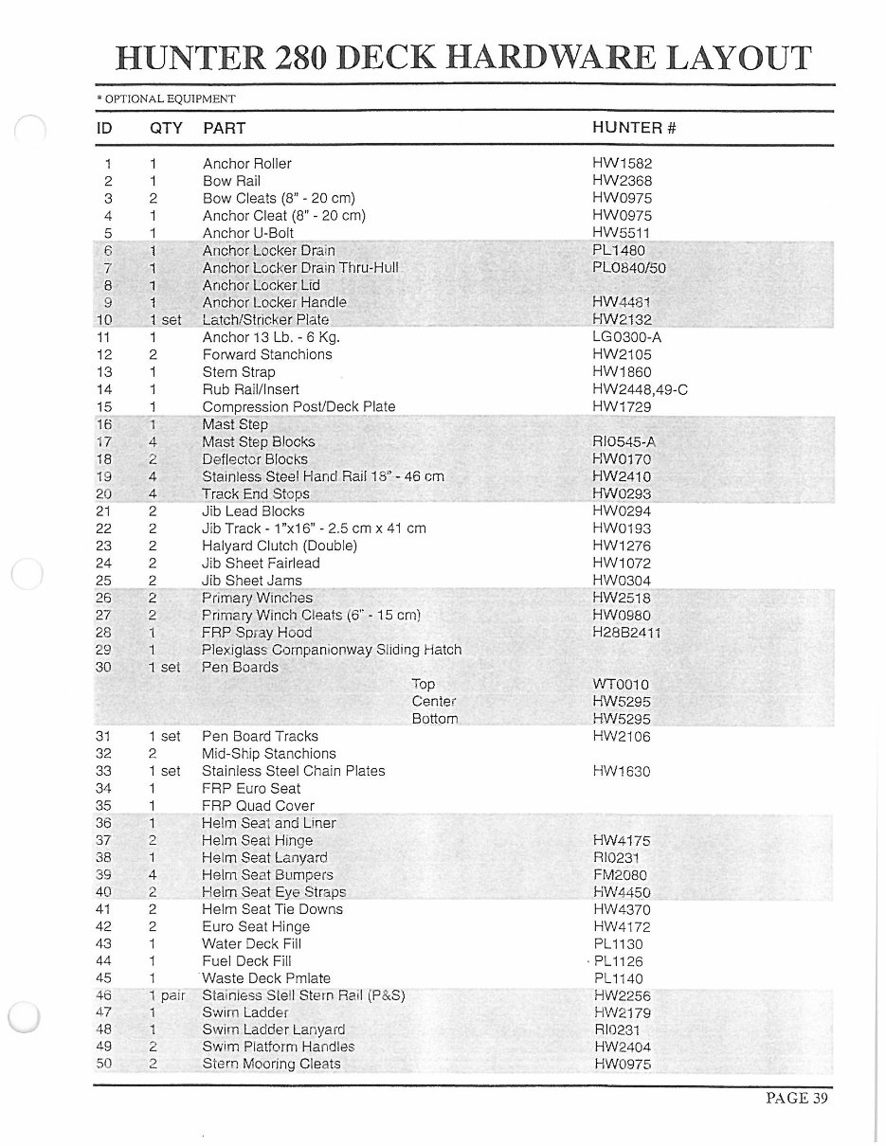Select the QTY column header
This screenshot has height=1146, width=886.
[166, 128]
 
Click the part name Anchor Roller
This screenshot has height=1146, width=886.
[247, 164]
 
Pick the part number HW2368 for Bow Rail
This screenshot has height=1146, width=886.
[622, 181]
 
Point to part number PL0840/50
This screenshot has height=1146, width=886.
[629, 268]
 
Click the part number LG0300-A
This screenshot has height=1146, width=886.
[626, 337]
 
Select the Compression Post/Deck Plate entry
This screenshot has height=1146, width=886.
[298, 406]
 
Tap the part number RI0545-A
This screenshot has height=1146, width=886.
[624, 441]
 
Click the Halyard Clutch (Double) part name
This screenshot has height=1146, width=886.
[280, 546]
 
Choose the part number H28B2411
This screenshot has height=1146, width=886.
[626, 633]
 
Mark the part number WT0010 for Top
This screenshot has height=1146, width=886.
[621, 684]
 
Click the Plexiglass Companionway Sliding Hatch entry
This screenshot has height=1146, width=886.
[332, 650]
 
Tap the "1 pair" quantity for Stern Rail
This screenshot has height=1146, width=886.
[166, 995]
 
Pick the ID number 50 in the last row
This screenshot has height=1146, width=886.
[104, 1064]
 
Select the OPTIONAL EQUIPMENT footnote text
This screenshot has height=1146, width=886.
[169, 98]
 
